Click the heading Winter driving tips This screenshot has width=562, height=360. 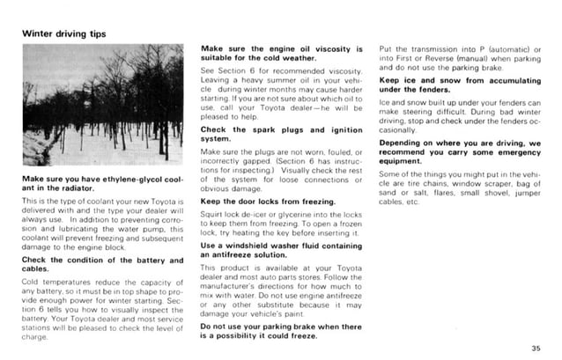click(63, 34)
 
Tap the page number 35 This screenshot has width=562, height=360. click(536, 349)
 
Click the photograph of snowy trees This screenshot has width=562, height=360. click(102, 106)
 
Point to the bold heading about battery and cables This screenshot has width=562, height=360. click(102, 264)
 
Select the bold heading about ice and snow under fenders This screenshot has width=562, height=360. click(461, 84)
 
